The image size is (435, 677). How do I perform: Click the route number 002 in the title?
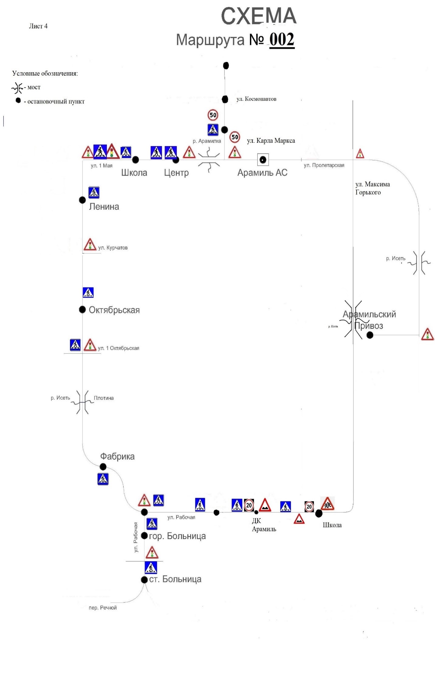[281, 40]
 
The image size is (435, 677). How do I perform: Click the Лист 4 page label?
[38, 26]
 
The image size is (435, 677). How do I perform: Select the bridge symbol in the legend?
[17, 88]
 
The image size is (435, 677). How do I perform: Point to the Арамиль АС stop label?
[262, 173]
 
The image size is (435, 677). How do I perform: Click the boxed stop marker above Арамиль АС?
[263, 160]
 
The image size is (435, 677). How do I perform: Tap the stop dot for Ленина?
[82, 200]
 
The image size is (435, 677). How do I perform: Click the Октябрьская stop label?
[114, 310]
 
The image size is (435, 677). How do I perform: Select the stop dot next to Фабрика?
[103, 466]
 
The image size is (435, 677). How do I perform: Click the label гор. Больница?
[177, 536]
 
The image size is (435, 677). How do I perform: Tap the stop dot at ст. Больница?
[144, 579]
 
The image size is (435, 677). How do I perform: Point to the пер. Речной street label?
[103, 607]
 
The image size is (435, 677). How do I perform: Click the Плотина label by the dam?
[103, 398]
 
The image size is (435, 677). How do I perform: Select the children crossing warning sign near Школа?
[327, 503]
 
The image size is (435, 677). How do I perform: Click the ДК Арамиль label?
[264, 525]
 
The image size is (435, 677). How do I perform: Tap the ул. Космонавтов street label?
[256, 99]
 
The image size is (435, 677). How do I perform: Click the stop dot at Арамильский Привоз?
[370, 335]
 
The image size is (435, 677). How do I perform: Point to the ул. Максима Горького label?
[372, 188]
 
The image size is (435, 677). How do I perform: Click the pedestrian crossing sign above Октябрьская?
[88, 292]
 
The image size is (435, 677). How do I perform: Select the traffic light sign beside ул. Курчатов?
[90, 244]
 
